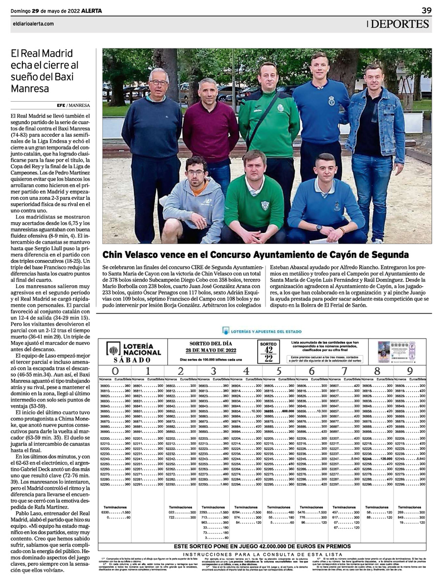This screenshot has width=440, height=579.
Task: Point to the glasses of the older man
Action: tap(158, 83)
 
